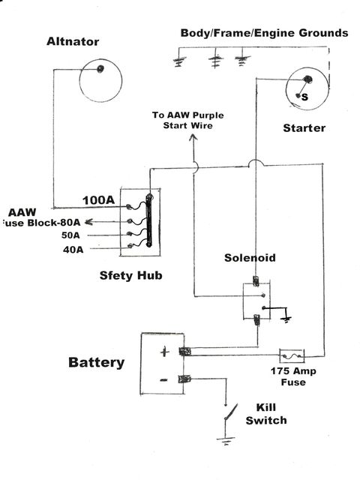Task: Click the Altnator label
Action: (73, 42)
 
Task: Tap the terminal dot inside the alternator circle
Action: (100, 69)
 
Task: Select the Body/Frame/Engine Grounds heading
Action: (264, 33)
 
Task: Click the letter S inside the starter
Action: (304, 97)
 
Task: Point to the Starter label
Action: (304, 128)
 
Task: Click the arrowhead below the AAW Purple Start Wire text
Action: (193, 137)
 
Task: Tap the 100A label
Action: (98, 200)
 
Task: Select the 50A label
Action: (70, 235)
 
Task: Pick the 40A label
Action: (73, 250)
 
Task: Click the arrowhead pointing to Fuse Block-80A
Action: (88, 222)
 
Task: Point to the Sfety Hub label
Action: (130, 275)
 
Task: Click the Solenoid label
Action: (250, 258)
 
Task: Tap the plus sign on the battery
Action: (165, 352)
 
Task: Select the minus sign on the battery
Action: (163, 380)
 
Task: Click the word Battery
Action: (97, 362)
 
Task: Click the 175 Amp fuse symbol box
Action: (292, 356)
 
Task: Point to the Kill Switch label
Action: (266, 414)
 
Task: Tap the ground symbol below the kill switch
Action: (226, 442)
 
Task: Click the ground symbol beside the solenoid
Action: (286, 320)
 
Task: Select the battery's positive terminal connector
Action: (184, 352)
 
